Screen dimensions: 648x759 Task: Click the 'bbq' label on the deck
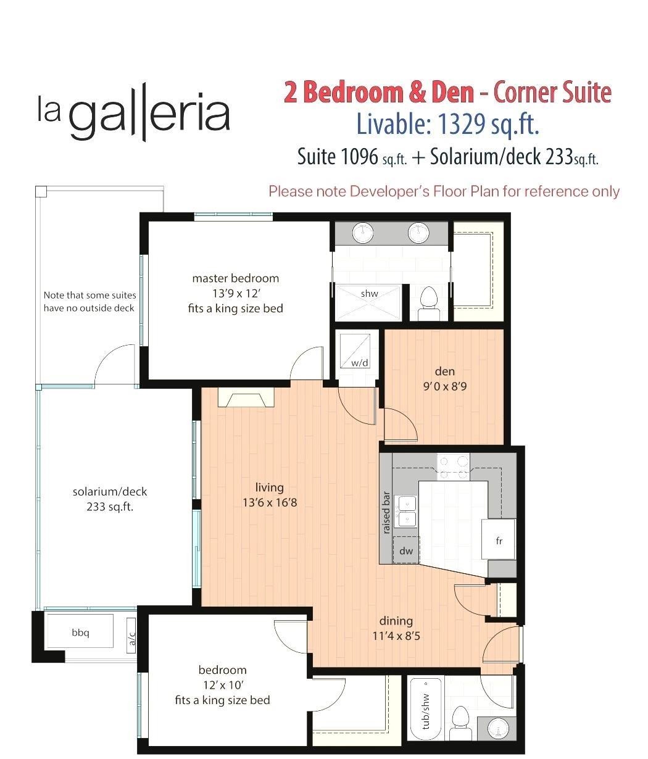(x=80, y=632)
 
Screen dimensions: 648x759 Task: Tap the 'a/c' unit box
(x=131, y=636)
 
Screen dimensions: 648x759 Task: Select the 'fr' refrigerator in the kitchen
(x=499, y=539)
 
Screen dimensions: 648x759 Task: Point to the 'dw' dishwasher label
(x=406, y=550)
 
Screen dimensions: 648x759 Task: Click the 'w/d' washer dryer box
(x=355, y=350)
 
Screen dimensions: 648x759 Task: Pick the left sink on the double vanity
(x=363, y=233)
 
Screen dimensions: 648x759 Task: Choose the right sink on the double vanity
(x=418, y=233)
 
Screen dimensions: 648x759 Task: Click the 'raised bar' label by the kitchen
(x=386, y=513)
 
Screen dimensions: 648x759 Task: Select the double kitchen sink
(x=405, y=512)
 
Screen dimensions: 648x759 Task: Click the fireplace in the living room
(x=246, y=397)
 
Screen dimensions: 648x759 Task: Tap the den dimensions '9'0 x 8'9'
(x=445, y=386)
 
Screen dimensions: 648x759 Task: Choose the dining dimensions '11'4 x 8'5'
(x=396, y=636)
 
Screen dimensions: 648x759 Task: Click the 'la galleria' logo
(x=134, y=112)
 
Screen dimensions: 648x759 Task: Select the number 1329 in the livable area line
(x=462, y=124)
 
